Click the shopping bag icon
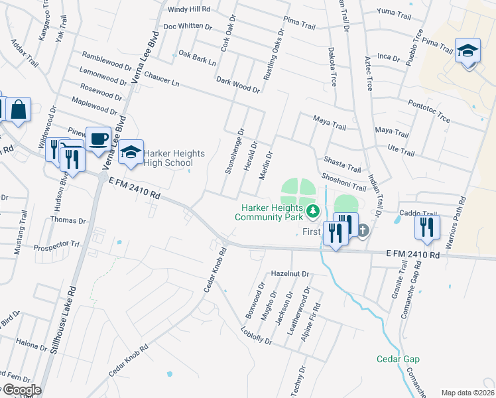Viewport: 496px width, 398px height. tap(19, 109)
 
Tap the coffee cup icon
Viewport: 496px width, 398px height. tap(99, 139)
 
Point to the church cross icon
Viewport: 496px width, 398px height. tap(363, 231)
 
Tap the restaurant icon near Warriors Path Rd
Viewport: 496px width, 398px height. tap(428, 226)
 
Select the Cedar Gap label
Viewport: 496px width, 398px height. tap(398, 359)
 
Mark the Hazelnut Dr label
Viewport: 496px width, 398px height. tap(290, 274)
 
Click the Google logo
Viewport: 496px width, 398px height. tap(21, 390)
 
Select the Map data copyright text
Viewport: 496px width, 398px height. tap(467, 393)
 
